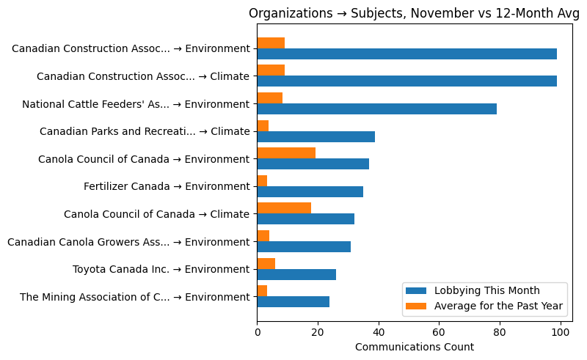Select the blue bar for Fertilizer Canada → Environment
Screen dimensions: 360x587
310,191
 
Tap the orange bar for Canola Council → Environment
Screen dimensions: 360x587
286,153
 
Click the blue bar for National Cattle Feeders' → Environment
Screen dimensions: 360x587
376,109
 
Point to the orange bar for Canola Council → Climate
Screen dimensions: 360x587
284,208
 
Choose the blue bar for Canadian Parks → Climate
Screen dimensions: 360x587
316,136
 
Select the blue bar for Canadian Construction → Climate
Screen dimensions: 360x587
406,81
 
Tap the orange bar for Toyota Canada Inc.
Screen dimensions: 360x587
266,263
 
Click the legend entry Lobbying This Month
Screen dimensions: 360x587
486,290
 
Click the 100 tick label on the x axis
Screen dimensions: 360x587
561,331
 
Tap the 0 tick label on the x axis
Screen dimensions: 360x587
257,331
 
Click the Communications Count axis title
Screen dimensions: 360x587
414,347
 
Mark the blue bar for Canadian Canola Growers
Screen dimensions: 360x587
304,246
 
